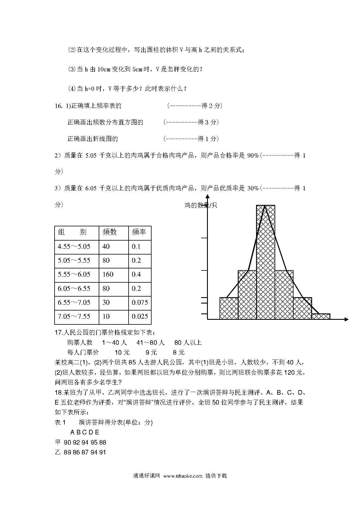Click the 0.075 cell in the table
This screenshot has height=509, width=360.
click(x=140, y=303)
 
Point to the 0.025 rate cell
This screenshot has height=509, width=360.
click(x=140, y=317)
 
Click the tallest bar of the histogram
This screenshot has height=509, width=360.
click(x=265, y=261)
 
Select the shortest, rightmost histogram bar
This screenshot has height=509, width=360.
click(x=321, y=317)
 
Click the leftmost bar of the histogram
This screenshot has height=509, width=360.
click(x=229, y=308)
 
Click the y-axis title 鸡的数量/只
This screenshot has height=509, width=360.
click(x=201, y=205)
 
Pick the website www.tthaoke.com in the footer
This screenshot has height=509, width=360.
click(x=183, y=476)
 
